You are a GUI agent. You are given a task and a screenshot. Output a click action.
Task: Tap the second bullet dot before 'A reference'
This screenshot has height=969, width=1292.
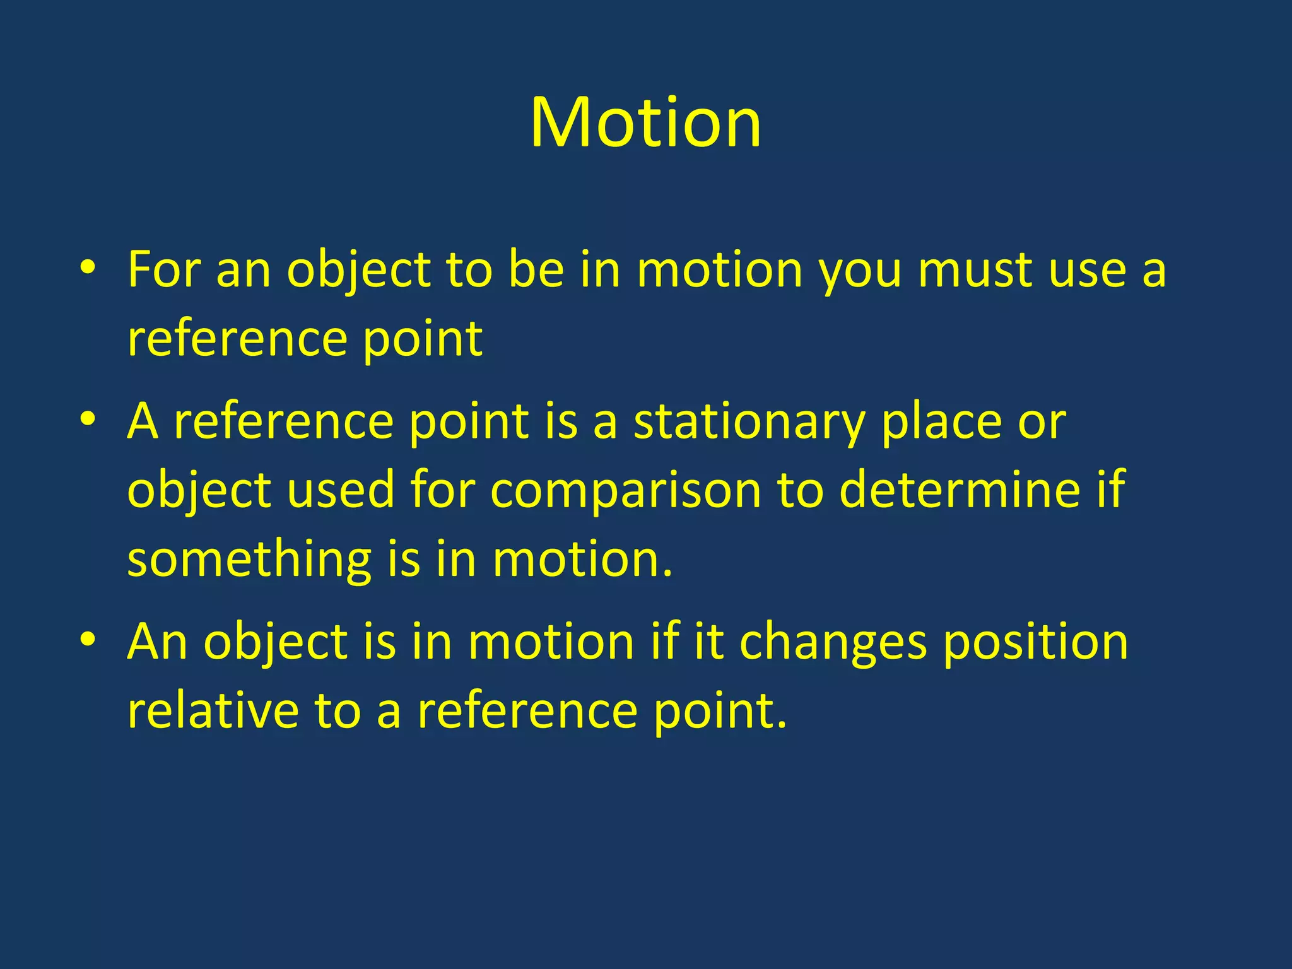88,420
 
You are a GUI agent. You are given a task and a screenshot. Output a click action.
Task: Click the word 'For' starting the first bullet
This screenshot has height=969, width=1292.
163,270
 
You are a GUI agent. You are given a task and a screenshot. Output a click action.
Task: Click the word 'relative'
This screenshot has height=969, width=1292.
213,711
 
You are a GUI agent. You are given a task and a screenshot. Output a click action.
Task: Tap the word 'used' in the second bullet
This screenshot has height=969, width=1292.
341,490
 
